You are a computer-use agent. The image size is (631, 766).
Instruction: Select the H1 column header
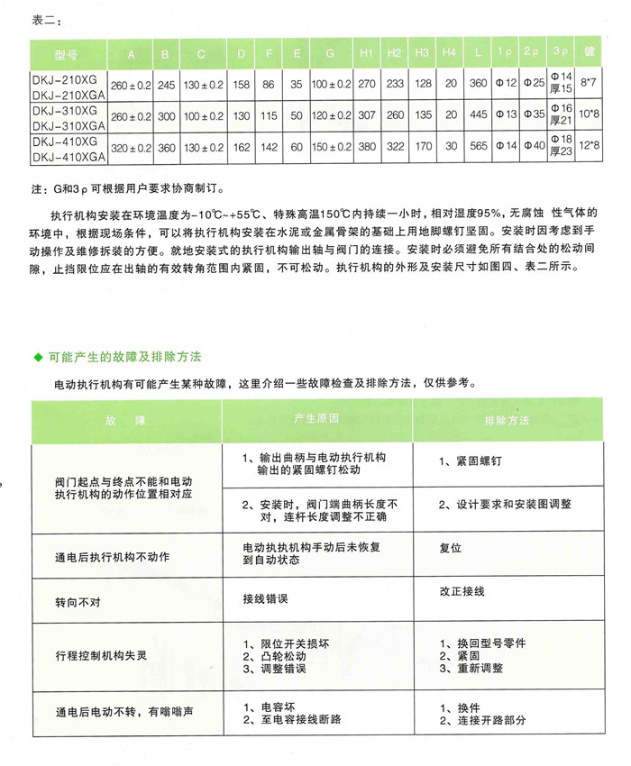(365, 55)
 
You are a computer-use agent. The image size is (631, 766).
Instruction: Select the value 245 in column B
(165, 85)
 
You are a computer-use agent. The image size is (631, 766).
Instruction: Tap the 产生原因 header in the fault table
(316, 419)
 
